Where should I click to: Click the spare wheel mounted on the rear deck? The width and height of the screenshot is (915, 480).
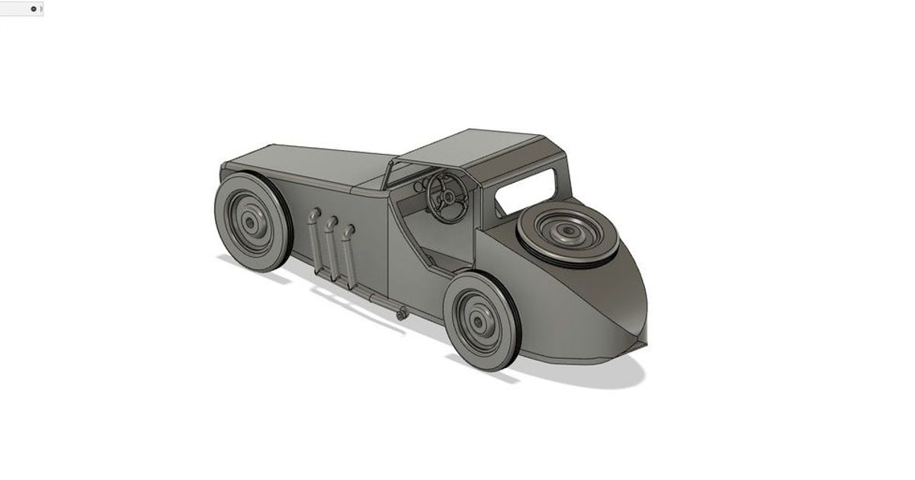(567, 232)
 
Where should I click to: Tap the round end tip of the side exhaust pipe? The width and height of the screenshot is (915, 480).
(400, 312)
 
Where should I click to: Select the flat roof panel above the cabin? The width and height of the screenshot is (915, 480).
(473, 149)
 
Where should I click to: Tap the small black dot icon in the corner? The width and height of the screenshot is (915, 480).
(33, 9)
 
